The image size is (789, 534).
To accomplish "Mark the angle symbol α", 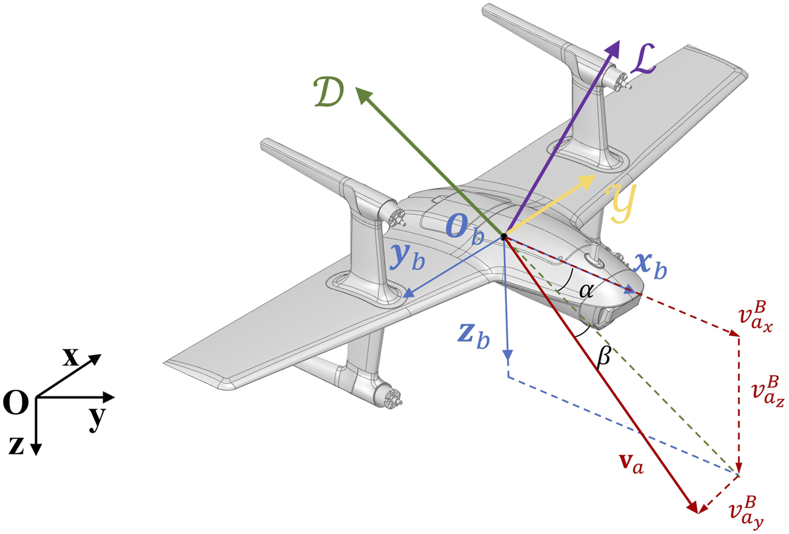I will pyautogui.click(x=586, y=290).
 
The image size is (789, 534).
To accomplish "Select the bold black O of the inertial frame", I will pyautogui.click(x=15, y=402).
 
